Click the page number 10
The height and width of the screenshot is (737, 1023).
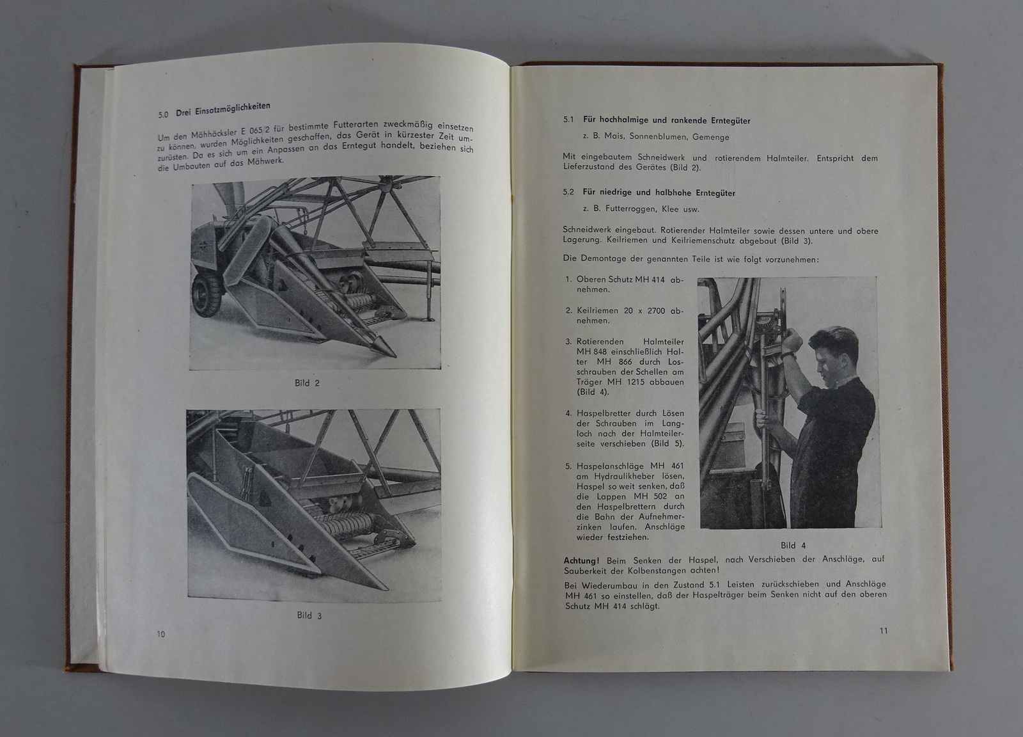[160, 634]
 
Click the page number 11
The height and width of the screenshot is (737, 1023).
[884, 631]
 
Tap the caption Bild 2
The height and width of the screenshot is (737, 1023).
[307, 383]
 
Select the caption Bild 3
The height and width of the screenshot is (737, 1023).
[309, 615]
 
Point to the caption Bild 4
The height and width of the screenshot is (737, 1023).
[793, 546]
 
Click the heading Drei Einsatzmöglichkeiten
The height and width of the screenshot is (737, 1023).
[223, 109]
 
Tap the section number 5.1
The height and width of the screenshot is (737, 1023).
[569, 120]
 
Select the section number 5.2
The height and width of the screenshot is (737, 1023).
[569, 192]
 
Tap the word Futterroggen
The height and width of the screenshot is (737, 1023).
[632, 209]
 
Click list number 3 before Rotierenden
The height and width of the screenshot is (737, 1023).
[568, 342]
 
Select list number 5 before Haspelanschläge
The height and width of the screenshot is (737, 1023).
[568, 466]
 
